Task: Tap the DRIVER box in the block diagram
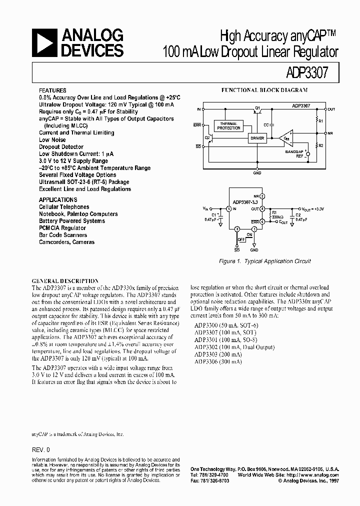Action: pos(257,137)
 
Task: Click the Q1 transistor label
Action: pos(257,108)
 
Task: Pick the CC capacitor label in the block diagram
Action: pos(266,123)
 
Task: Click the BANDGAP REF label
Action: pos(294,153)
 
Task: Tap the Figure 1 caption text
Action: pos(265,261)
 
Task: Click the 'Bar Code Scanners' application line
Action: pos(63,235)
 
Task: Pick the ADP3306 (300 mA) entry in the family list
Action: pos(218,361)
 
